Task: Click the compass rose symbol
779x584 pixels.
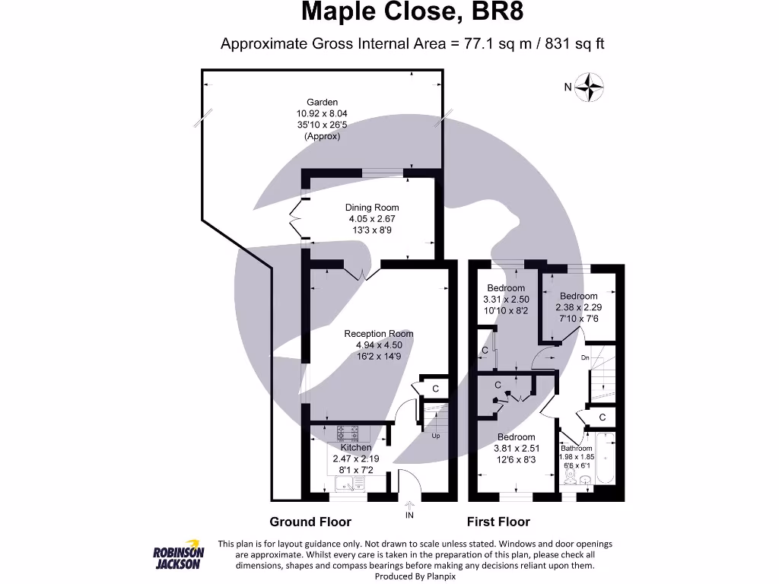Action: tap(589, 87)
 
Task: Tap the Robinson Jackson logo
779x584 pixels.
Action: tap(178, 554)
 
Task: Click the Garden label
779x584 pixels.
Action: tap(322, 103)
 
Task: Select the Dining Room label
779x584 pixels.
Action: tap(372, 208)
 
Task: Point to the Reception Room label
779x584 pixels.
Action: tap(379, 334)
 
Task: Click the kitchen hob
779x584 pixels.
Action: tap(348, 433)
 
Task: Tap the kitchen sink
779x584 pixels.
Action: tap(350, 483)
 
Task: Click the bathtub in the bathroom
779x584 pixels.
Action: tap(605, 457)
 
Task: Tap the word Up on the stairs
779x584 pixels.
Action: tap(436, 436)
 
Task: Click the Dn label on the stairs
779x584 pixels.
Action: tap(585, 357)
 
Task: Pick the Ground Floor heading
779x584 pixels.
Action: tap(310, 522)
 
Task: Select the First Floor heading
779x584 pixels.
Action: tap(498, 522)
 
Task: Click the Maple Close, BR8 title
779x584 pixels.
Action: tap(412, 11)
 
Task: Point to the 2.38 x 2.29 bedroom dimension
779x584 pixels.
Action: tap(579, 307)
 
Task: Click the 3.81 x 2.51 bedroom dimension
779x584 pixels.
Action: tap(517, 449)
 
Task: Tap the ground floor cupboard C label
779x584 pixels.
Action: tap(436, 389)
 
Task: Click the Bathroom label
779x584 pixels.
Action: tap(577, 449)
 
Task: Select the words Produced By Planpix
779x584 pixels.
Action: tap(415, 576)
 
